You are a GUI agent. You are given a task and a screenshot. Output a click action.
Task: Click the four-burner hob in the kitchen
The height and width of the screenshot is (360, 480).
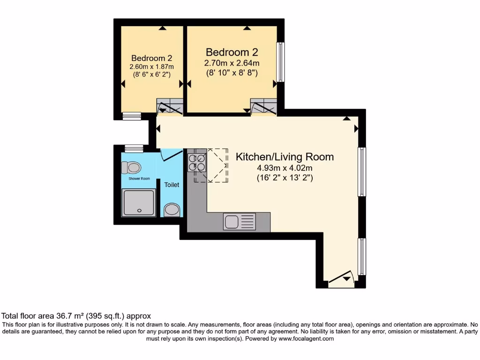click(197, 162)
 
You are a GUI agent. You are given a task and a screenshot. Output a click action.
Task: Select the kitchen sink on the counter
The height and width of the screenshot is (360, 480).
click(239, 221)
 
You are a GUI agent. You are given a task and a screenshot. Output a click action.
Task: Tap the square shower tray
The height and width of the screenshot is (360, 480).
click(138, 202)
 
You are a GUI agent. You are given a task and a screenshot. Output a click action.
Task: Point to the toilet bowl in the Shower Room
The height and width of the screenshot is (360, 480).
click(131, 167)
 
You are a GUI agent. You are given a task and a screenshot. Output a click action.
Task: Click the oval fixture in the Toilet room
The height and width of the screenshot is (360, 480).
click(172, 209)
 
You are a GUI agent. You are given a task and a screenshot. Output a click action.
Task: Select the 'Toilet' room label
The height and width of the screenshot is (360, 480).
click(172, 185)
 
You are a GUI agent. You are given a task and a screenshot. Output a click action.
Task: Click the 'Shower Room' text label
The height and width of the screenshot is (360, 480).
click(139, 179)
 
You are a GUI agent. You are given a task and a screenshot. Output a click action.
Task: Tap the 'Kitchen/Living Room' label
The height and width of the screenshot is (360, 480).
click(285, 157)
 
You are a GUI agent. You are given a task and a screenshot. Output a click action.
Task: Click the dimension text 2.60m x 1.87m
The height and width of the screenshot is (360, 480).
click(151, 67)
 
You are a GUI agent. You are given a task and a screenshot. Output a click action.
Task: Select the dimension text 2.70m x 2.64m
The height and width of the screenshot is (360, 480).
click(232, 63)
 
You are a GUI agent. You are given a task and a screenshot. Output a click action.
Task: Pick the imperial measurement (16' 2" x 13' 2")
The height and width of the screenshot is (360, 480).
click(285, 178)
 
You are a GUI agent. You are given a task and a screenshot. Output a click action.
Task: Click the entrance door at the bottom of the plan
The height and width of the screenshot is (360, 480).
click(341, 280)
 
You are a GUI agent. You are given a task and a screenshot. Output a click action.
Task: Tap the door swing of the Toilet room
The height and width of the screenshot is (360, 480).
click(171, 154)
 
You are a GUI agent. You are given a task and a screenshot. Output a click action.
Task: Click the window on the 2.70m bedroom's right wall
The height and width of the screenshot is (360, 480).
click(280, 62)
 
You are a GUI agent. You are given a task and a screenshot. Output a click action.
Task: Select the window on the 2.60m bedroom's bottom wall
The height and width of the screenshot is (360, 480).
click(132, 116)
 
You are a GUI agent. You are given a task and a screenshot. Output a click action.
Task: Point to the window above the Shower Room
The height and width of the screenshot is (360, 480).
click(134, 149)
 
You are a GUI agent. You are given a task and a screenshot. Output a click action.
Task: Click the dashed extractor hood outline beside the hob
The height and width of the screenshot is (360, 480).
click(217, 165)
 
